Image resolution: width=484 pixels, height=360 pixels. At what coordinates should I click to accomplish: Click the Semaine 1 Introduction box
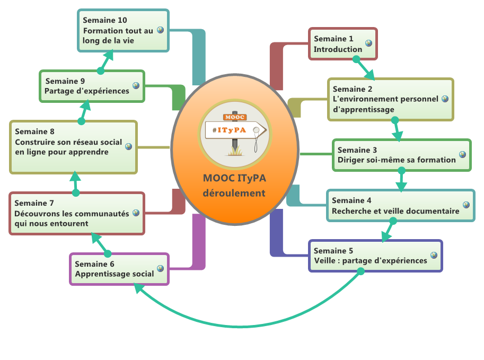[343, 44]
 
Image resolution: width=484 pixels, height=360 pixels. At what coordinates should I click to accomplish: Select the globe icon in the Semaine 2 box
[445, 99]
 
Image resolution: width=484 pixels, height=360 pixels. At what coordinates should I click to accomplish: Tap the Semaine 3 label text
[358, 150]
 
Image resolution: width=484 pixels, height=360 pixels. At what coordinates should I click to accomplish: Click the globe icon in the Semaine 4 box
[466, 205]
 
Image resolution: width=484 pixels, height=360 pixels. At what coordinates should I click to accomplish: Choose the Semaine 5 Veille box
[375, 256]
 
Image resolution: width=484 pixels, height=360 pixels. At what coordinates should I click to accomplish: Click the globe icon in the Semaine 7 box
[136, 213]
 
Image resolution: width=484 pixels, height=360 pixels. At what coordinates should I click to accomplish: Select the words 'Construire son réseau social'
[68, 142]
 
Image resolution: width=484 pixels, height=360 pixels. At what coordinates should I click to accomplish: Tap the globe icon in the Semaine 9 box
[136, 85]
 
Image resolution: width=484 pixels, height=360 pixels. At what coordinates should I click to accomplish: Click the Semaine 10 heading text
[105, 20]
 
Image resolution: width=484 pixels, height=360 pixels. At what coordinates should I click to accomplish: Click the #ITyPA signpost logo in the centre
[234, 132]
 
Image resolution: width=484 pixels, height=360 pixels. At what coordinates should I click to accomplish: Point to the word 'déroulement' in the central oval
[234, 193]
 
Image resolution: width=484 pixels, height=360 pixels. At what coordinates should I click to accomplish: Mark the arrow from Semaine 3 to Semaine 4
[401, 180]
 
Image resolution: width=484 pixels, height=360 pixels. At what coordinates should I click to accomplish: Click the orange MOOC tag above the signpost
[231, 117]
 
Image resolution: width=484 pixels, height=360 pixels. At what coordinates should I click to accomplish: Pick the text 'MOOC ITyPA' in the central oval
[234, 178]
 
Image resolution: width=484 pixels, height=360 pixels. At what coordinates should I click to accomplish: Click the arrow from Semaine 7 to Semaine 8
[75, 182]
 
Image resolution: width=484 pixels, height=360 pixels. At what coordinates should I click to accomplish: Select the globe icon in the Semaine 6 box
[160, 268]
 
